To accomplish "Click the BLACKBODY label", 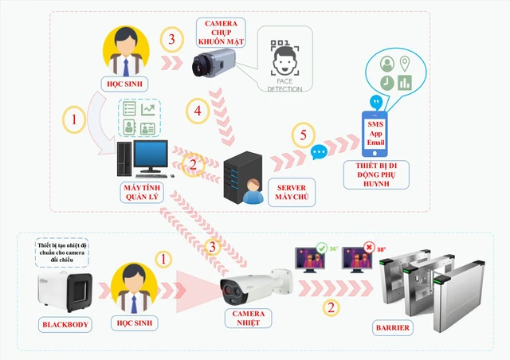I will [x=65, y=325].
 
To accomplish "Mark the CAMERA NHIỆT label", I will [x=249, y=319].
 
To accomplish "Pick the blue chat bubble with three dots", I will [x=320, y=151].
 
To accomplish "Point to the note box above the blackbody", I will [x=65, y=251].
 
